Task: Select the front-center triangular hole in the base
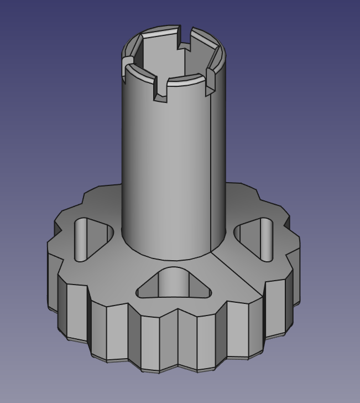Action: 174,285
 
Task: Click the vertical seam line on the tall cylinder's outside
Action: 211,166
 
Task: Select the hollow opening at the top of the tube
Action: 171,55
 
